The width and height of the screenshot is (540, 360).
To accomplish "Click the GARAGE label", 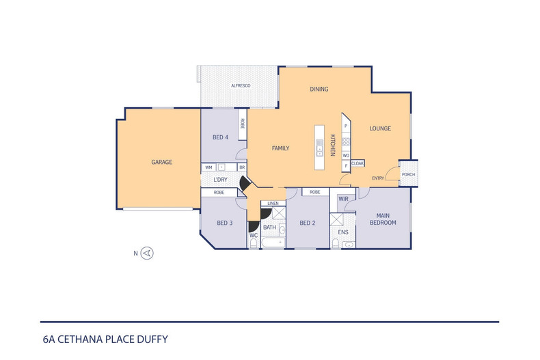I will [x=161, y=163].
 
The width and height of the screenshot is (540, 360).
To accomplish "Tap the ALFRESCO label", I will [x=241, y=86].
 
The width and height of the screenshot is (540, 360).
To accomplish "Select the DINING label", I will [x=319, y=89].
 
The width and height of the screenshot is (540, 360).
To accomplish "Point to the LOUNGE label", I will [x=380, y=128].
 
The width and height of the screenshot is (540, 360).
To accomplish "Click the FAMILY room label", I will [x=281, y=148].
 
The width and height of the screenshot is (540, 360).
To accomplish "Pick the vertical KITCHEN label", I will [x=333, y=145].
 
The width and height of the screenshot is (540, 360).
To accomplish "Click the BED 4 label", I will [x=220, y=137].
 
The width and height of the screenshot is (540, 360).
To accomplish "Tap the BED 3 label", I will [x=225, y=223].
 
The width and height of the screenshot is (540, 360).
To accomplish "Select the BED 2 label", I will [x=308, y=223].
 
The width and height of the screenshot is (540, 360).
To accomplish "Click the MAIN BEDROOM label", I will [x=383, y=219].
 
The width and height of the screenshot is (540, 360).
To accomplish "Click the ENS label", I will [x=343, y=232].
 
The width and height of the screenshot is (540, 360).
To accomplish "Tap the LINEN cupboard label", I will [x=273, y=204].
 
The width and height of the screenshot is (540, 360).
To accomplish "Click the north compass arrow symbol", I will [x=148, y=253].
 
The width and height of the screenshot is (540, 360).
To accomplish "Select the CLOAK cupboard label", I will [x=357, y=164].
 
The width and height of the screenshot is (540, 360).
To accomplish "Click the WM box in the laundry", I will [x=208, y=167].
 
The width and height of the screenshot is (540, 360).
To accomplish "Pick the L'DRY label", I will [x=220, y=180].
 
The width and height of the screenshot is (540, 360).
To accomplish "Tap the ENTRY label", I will [x=377, y=179].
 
